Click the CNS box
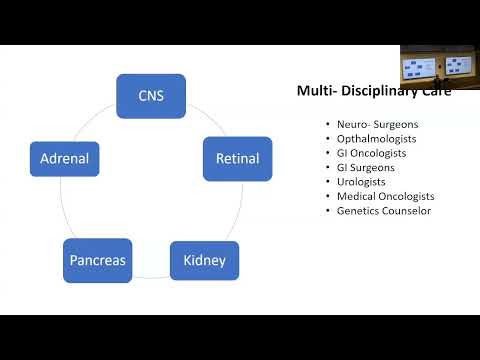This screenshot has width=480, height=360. [x=151, y=97]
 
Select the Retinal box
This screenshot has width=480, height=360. [x=237, y=158]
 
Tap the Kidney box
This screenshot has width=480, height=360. [x=204, y=262]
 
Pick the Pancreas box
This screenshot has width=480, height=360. [x=97, y=262]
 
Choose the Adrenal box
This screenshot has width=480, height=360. [x=65, y=158]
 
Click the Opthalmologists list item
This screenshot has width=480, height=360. [x=377, y=139]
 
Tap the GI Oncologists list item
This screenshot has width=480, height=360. [x=370, y=153]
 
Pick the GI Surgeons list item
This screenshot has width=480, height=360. [x=365, y=168]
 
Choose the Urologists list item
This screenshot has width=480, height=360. [x=361, y=182]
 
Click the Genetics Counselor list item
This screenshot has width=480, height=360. [x=383, y=211]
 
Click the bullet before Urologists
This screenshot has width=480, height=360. [x=327, y=182]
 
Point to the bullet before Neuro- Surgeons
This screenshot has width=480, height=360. [x=327, y=124]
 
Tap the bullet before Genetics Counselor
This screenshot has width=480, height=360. [x=327, y=211]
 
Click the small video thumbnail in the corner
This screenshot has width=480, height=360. [x=439, y=67]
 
